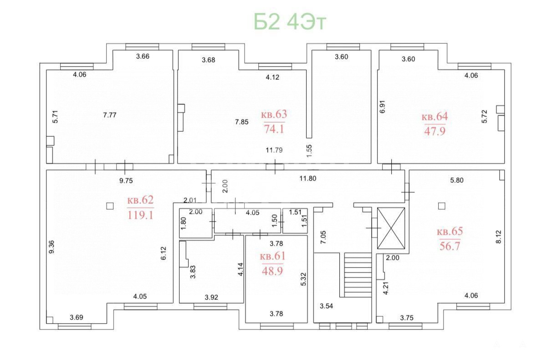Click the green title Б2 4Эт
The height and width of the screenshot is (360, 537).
click(290, 21)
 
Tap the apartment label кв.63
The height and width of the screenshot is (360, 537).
click(274, 114)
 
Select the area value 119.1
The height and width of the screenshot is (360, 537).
click(140, 215)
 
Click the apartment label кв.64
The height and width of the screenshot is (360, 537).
click(435, 117)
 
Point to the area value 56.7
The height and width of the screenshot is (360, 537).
click(450, 246)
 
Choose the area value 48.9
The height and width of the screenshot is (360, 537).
click(272, 271)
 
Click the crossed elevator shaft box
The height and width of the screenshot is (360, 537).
click(391, 228)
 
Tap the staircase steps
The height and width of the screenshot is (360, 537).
click(358, 275)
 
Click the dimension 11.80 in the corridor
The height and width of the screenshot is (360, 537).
click(307, 178)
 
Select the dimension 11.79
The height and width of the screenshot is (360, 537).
click(274, 149)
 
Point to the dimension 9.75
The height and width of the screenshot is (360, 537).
click(126, 180)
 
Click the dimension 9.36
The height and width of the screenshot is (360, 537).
click(51, 247)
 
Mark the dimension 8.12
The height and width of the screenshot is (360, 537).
click(498, 237)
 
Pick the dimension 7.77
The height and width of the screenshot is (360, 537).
click(110, 115)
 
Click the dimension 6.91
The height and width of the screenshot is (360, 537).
click(383, 107)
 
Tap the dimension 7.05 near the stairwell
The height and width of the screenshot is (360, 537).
click(323, 237)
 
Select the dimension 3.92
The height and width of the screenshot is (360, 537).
click(211, 297)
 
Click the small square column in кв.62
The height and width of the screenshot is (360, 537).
click(110, 206)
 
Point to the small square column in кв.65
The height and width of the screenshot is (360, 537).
click(442, 206)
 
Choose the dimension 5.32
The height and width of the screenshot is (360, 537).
click(303, 279)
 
